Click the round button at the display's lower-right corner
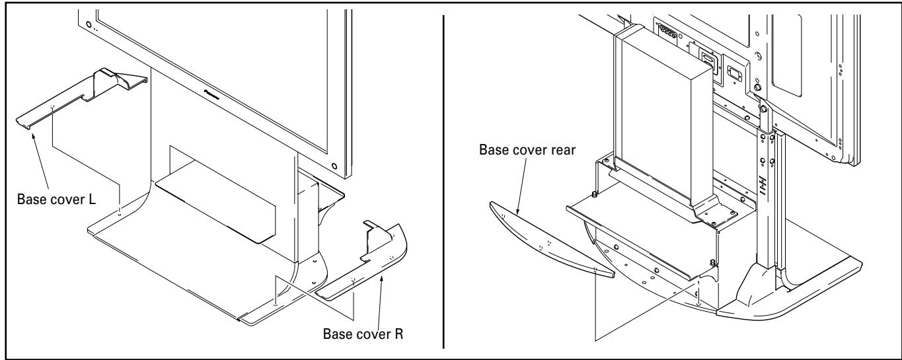(335, 165)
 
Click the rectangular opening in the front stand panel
(218, 192)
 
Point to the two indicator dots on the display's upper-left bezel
(94, 28)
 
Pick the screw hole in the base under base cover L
(119, 213)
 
